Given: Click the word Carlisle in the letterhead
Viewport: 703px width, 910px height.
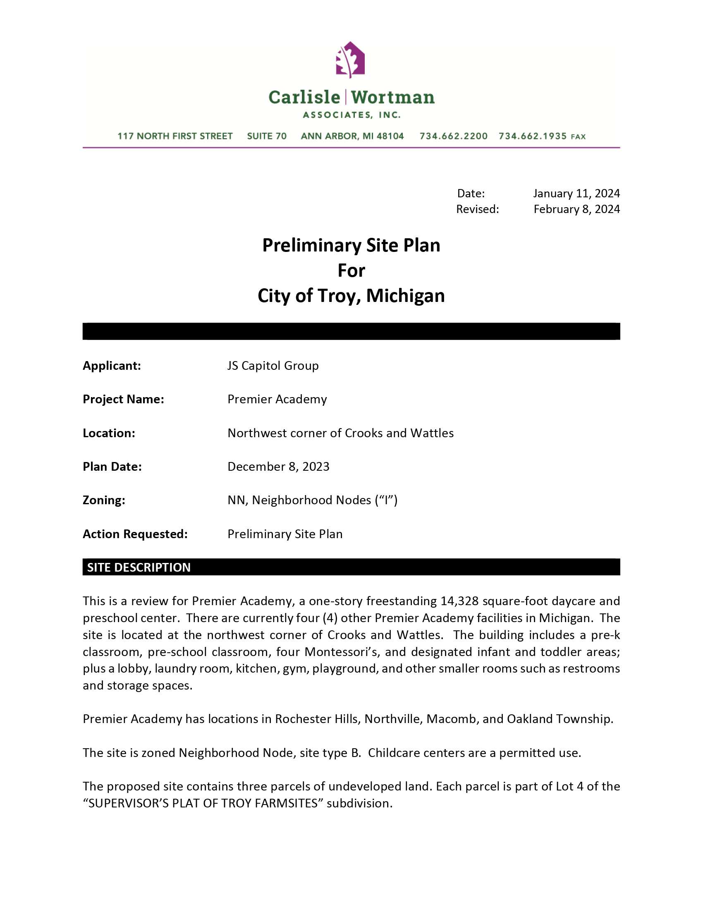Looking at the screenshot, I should [x=304, y=98].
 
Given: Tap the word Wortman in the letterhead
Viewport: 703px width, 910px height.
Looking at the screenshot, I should [x=393, y=98].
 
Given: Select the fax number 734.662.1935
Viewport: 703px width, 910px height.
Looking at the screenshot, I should [x=533, y=136].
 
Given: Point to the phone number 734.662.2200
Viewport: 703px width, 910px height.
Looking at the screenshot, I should [x=454, y=136].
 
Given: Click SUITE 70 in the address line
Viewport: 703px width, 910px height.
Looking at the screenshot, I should [x=267, y=136].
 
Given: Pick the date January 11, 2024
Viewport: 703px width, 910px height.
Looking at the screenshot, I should [x=576, y=193].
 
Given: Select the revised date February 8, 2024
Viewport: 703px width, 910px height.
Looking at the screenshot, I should [x=577, y=209].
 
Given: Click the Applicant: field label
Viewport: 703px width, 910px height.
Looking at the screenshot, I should [x=112, y=366].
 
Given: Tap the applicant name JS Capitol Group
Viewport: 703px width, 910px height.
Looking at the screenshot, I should [x=273, y=366].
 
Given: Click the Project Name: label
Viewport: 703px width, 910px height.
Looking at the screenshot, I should [x=123, y=400].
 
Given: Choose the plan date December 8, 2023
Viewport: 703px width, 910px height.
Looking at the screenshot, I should [x=278, y=467].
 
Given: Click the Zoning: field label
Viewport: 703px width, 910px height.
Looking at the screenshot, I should [x=104, y=500].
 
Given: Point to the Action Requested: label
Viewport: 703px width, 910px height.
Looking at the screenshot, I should [x=135, y=534].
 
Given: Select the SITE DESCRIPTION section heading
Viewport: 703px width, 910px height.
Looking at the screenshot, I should [x=139, y=568].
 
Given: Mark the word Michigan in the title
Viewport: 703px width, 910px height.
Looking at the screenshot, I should [x=405, y=296].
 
